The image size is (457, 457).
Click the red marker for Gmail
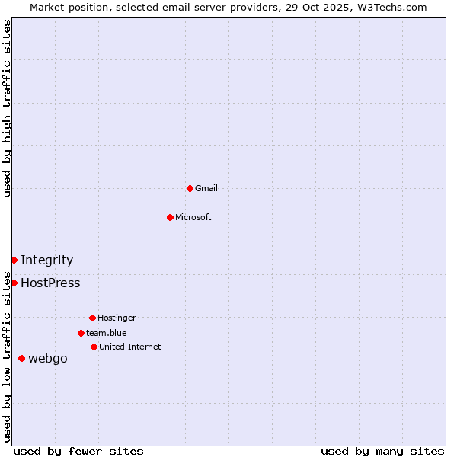(190, 188)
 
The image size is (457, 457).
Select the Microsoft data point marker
(170, 217)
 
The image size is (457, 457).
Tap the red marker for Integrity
(14, 260)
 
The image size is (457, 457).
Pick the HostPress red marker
(14, 283)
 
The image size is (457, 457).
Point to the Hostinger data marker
(92, 318)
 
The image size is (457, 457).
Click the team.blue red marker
(81, 333)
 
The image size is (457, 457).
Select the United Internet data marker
(94, 347)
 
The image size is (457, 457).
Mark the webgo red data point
(21, 358)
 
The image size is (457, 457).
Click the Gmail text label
(206, 188)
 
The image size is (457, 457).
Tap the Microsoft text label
(193, 217)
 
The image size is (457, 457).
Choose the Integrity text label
(46, 260)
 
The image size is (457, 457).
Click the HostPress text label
(50, 283)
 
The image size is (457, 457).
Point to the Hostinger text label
(117, 318)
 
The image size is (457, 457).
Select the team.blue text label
(106, 333)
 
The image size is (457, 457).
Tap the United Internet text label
(129, 347)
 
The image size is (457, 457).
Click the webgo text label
(47, 358)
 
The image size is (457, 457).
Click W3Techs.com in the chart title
(391, 7)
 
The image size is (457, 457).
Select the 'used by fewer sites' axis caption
(78, 451)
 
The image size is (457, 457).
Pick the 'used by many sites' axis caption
(382, 451)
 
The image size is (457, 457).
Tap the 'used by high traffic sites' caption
(7, 108)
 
